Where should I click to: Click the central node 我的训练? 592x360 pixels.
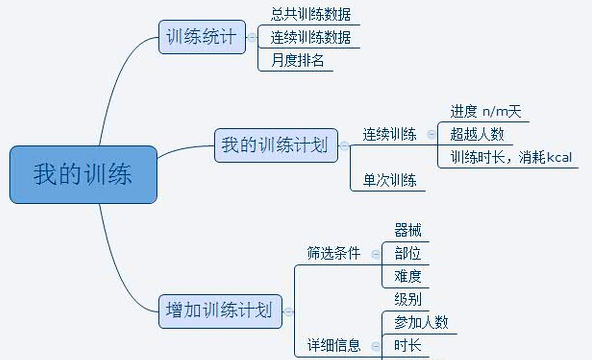(82, 174)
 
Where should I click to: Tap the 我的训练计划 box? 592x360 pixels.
(274, 146)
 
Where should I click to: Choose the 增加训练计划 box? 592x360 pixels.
(218, 310)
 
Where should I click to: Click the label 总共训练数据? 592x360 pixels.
(310, 15)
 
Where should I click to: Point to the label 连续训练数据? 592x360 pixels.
(310, 38)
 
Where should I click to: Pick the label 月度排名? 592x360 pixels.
(296, 61)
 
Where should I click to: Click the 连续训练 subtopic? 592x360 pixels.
(389, 134)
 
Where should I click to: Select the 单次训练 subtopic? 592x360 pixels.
(389, 180)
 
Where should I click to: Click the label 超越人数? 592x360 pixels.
(477, 133)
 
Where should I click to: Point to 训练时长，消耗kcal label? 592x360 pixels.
(508, 157)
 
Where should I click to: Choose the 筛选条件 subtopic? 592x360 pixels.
(333, 253)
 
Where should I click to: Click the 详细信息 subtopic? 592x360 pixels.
(333, 346)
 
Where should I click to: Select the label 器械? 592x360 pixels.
(408, 230)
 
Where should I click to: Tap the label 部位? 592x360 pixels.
(408, 253)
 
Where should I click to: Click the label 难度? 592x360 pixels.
(408, 276)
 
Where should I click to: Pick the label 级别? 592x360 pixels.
(408, 299)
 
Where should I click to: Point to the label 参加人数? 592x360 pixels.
(421, 322)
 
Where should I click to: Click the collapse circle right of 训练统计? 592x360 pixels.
(251, 38)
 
